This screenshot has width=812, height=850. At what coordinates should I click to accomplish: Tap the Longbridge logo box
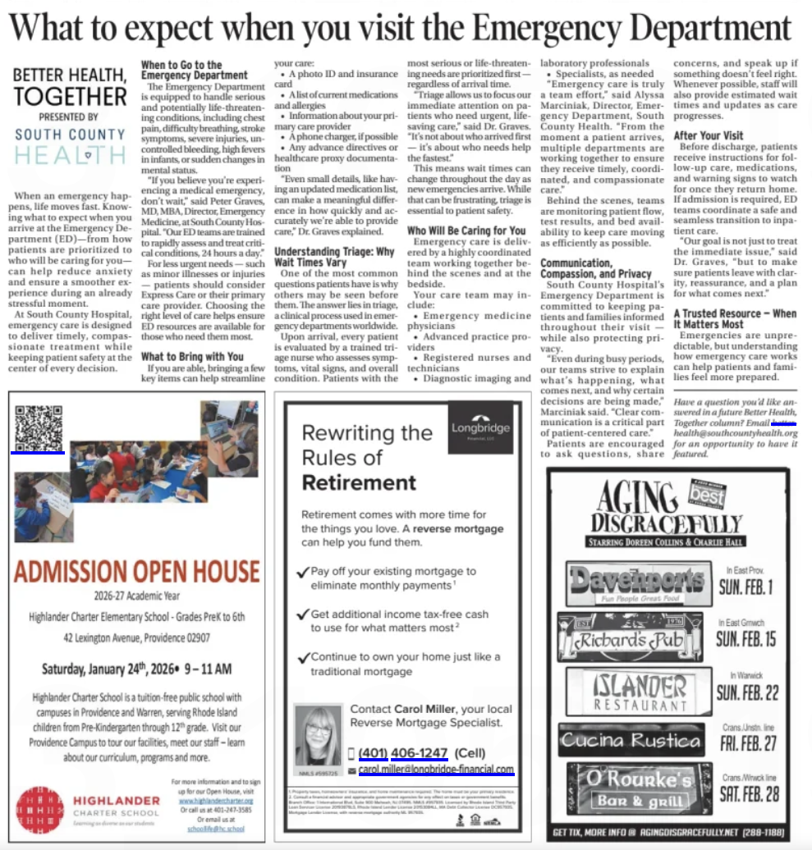[x=480, y=428]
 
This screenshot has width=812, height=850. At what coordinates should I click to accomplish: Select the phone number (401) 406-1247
[x=402, y=753]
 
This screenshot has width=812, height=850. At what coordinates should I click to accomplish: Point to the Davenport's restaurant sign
[x=639, y=583]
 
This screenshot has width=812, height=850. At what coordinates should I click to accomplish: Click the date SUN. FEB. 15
[x=746, y=639]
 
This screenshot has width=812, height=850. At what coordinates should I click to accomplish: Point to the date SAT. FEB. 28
[x=748, y=794]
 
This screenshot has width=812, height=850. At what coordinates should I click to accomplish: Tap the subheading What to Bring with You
[x=192, y=357]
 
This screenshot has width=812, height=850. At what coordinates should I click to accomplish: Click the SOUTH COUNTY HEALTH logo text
[x=69, y=144]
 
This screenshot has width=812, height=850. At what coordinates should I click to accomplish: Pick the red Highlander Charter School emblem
[x=40, y=809]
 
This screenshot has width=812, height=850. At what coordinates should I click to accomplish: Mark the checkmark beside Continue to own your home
[x=305, y=657]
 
